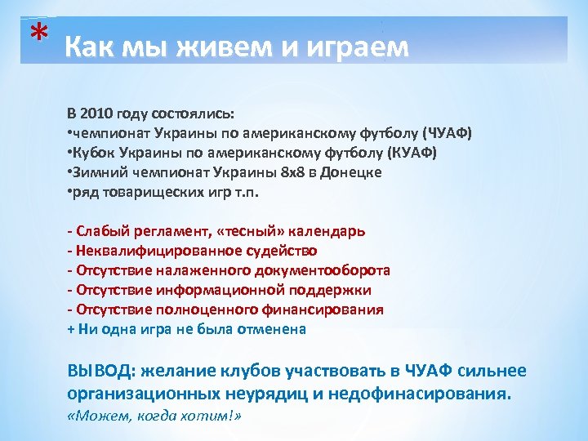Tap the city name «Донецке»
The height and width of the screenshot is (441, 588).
pos(352,172)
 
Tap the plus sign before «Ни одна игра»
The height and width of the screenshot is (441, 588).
pos(70,329)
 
